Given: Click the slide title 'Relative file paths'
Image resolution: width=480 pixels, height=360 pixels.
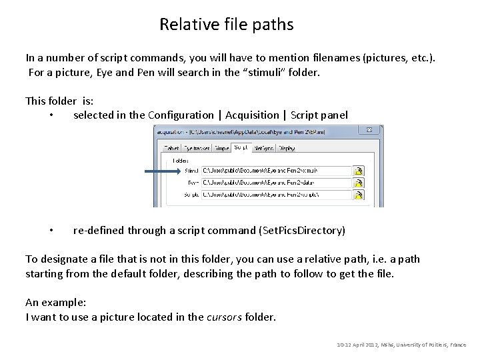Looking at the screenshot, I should [226, 25].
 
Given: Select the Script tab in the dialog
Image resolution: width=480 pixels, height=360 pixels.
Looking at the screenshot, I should [241, 147].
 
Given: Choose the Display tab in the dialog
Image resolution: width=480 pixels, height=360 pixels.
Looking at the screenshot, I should [287, 148].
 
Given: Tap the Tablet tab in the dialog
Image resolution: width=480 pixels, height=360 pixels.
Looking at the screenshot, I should [172, 148].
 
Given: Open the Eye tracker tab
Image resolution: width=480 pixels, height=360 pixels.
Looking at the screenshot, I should [197, 148].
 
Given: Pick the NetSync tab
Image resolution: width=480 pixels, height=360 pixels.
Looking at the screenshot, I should [263, 148].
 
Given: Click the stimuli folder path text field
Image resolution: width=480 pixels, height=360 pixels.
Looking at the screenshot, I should [276, 171].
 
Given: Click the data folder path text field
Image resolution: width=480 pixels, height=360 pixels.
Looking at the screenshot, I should [276, 183].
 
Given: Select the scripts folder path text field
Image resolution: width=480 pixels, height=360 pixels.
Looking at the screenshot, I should [276, 195].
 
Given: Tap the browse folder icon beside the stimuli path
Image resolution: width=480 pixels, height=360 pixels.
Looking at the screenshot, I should [359, 171].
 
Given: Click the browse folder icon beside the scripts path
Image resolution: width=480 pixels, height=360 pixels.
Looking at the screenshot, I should [359, 195].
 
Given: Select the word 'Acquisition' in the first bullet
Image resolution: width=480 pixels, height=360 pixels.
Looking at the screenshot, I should [252, 115].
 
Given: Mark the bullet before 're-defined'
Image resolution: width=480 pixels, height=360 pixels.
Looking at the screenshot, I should [51, 231].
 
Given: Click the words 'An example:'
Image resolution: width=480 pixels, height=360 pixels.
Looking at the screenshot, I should [56, 302].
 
